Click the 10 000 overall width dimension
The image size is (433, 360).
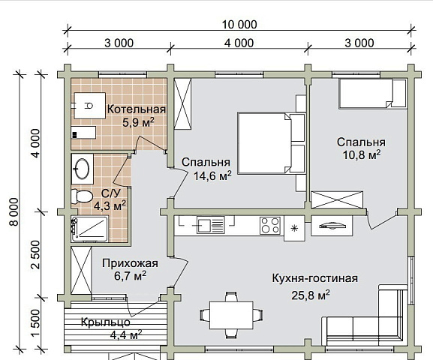239,24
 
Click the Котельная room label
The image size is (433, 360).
136,109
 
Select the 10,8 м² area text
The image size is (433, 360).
360,154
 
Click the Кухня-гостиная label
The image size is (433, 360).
314,278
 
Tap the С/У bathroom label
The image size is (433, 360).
110,192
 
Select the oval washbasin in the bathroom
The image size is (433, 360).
82,168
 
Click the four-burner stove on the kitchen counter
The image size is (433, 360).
270,225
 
